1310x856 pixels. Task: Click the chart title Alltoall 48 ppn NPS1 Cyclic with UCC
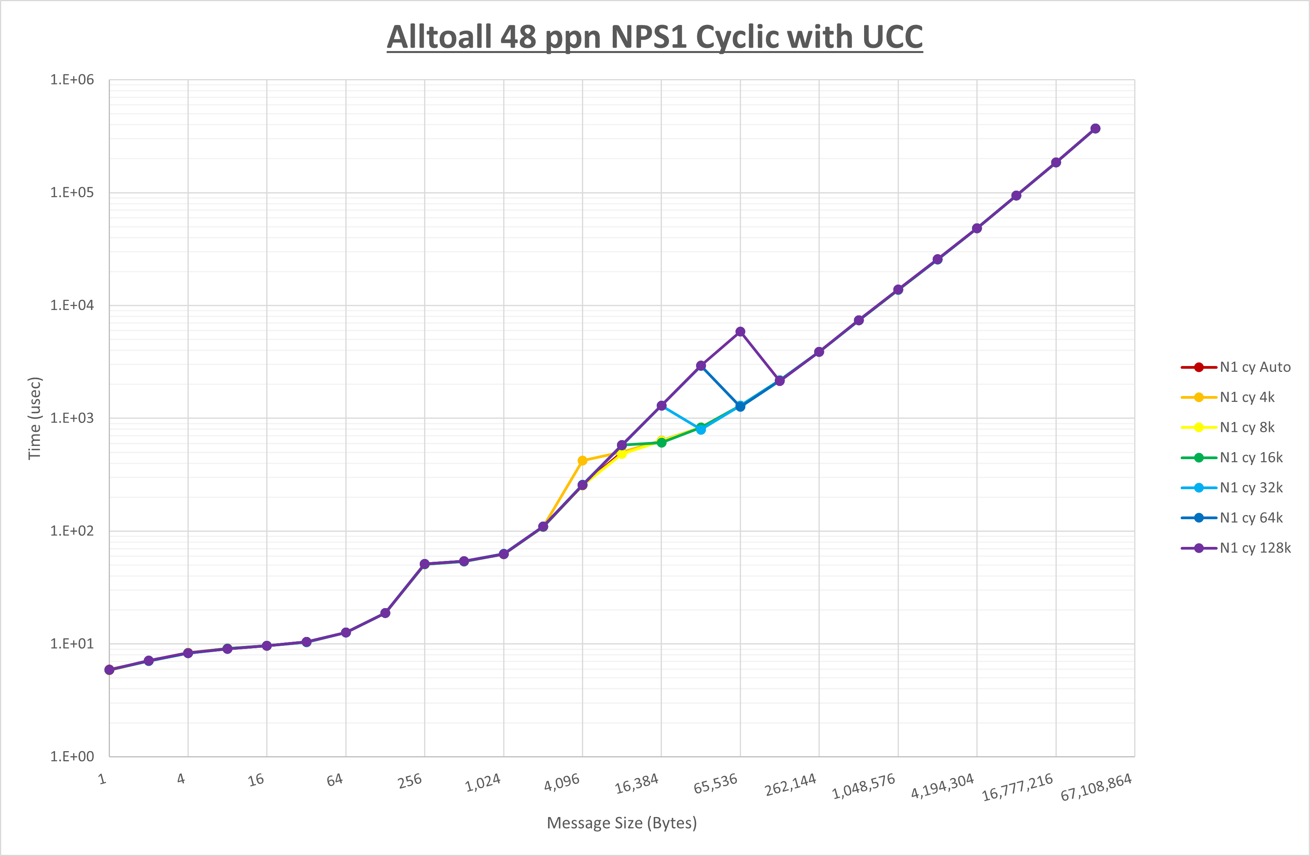[x=654, y=37]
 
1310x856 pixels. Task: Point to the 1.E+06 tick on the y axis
[x=72, y=80]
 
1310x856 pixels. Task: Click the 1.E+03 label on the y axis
[x=72, y=418]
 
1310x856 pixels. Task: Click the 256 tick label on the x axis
[x=410, y=781]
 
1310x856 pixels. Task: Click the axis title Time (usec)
[x=35, y=418]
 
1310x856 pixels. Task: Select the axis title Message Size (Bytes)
[x=621, y=823]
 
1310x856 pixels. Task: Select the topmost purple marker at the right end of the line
[x=1095, y=129]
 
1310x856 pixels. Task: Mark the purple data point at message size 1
[x=109, y=670]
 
